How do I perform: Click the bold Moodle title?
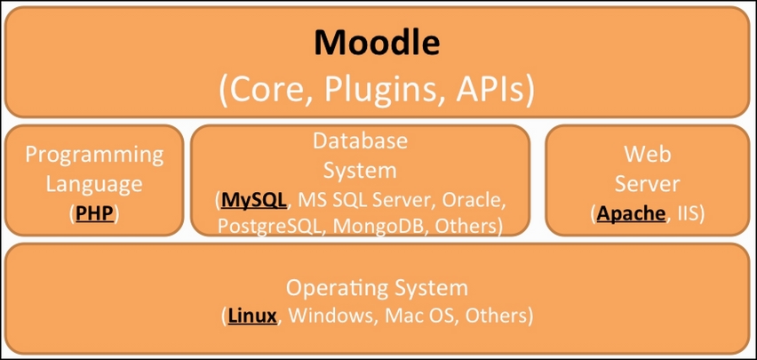[x=377, y=43]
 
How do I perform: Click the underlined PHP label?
[x=94, y=213]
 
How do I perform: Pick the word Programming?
[x=94, y=156]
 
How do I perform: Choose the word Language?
[x=94, y=184]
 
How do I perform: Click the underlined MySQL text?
[x=253, y=200]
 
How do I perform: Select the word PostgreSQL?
[x=267, y=226]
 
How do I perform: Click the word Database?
[x=360, y=140]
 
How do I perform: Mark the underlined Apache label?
[x=631, y=213]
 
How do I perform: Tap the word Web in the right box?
[x=648, y=155]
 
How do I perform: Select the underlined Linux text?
[x=252, y=316]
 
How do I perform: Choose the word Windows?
[x=331, y=316]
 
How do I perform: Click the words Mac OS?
[x=419, y=316]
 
